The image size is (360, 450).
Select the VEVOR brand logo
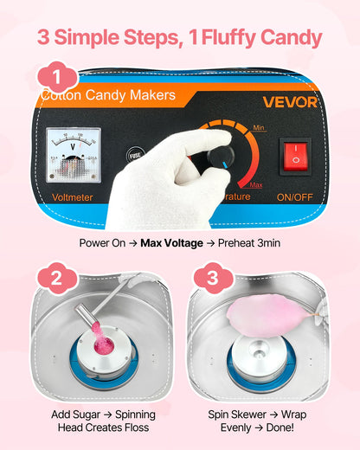pos(290,102)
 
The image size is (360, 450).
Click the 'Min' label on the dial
pos(258,128)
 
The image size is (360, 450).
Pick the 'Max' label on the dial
pos(255,184)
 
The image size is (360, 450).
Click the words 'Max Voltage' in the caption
pos(172,242)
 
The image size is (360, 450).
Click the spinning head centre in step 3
pos(260,356)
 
